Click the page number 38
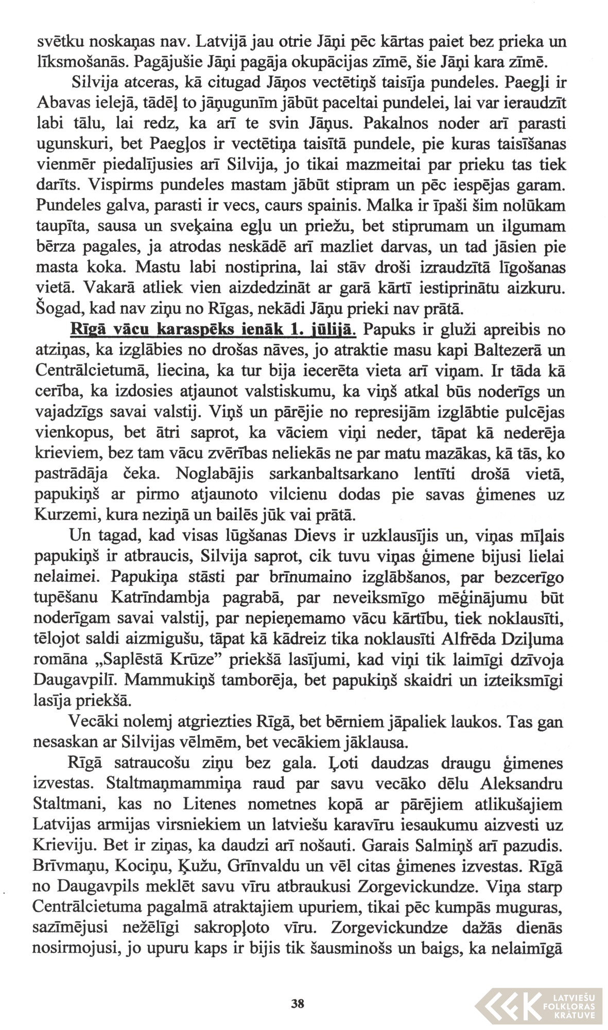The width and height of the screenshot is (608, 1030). [298, 1003]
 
